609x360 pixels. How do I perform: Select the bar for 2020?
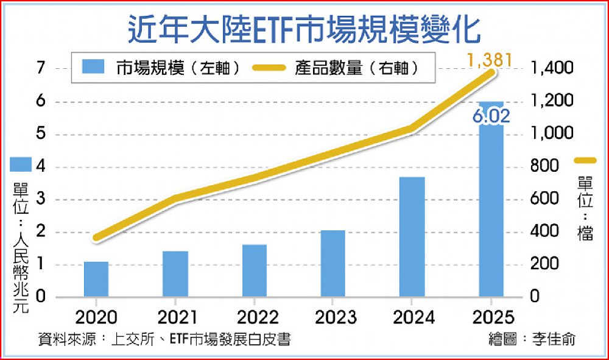click(x=96, y=279)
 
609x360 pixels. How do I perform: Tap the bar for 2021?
click(x=175, y=274)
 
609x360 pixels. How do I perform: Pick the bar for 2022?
click(x=255, y=270)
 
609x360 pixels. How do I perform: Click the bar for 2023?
click(x=333, y=264)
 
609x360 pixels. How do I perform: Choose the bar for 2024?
click(x=412, y=237)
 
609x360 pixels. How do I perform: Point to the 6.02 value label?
click(x=491, y=116)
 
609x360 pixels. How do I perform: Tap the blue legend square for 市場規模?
click(x=93, y=67)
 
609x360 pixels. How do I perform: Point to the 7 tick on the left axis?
click(x=41, y=68)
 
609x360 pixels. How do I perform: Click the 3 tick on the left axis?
click(x=41, y=199)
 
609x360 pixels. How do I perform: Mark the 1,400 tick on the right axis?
click(x=552, y=68)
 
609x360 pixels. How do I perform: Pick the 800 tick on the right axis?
click(x=543, y=166)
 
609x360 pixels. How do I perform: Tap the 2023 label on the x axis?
click(x=333, y=317)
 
